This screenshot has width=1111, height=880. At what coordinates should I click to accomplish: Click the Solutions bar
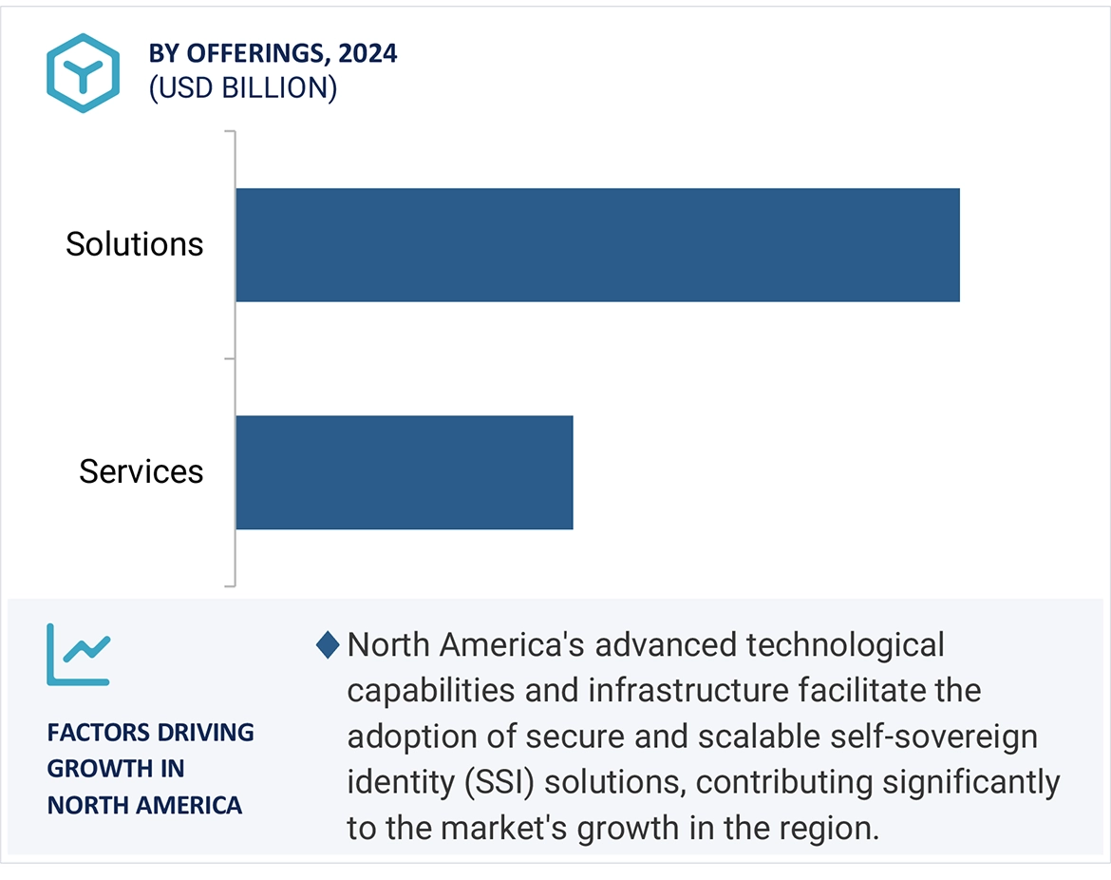click(597, 245)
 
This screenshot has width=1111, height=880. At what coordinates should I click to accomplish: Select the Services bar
click(404, 472)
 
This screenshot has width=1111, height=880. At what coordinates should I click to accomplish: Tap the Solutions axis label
click(135, 245)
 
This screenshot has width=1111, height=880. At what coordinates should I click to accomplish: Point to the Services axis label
click(141, 472)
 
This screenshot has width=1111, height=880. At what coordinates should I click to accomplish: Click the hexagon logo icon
click(83, 73)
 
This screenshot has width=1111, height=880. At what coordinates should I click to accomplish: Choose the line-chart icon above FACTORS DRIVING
click(79, 655)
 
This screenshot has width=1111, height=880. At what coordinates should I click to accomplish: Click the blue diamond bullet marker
click(328, 646)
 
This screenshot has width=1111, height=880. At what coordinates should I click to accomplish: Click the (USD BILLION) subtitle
click(242, 87)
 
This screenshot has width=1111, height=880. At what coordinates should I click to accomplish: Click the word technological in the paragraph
click(845, 645)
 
